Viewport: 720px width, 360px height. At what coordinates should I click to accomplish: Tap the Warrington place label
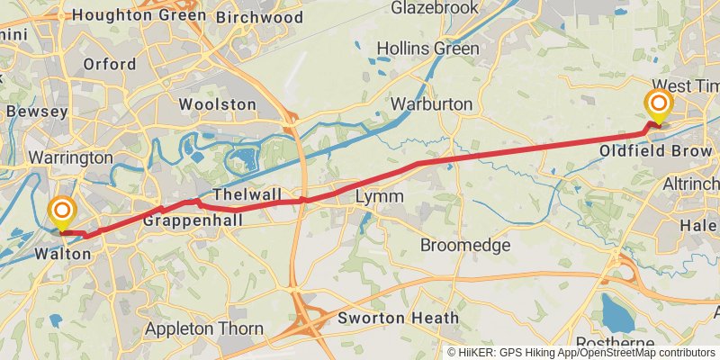70,157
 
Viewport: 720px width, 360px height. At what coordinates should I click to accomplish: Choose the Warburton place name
432,104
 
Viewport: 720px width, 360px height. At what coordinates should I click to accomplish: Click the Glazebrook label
439,8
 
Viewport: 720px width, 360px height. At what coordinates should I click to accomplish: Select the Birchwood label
259,17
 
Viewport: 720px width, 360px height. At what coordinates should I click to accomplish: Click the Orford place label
109,64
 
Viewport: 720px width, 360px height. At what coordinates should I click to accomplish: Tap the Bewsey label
37,112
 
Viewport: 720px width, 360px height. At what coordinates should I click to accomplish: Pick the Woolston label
217,104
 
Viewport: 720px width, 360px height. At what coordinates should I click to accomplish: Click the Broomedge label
465,245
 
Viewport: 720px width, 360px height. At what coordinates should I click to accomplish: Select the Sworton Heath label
398,318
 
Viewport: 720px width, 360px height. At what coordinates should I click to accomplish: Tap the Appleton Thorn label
203,329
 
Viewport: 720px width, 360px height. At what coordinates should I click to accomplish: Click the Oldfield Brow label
656,150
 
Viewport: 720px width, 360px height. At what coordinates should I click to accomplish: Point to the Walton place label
62,255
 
